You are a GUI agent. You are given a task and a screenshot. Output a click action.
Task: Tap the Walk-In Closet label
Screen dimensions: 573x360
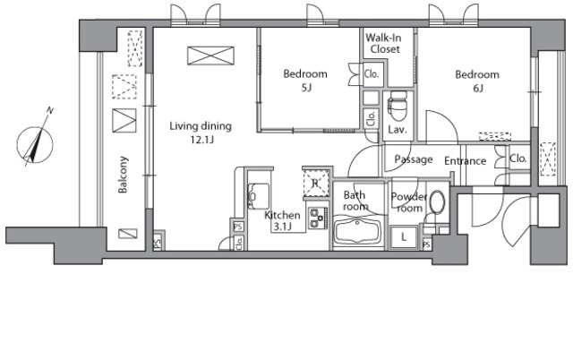tap(383, 43)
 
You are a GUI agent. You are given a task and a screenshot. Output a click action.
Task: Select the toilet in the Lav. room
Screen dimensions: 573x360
tap(398, 106)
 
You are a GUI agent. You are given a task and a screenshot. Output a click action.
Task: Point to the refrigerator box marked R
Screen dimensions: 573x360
tap(315, 183)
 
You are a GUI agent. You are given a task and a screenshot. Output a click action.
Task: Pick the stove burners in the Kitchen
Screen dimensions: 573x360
tap(318, 218)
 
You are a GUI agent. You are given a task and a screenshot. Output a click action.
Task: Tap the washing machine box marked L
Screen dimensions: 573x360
tap(404, 237)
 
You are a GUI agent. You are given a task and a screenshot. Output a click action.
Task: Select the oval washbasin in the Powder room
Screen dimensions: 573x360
tap(437, 202)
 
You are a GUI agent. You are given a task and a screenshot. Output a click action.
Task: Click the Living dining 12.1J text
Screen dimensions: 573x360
tap(201, 133)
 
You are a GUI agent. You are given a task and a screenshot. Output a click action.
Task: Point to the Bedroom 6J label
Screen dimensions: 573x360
tap(477, 81)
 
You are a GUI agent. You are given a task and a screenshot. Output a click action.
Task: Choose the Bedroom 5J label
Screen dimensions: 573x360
tap(305, 80)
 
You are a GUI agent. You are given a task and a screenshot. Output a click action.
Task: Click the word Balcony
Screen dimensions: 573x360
tap(123, 175)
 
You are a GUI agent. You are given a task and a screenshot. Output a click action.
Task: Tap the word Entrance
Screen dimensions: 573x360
tap(466, 161)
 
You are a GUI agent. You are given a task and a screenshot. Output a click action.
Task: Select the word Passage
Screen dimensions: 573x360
tap(414, 159)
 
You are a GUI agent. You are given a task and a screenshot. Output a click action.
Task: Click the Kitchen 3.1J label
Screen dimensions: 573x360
tap(282, 221)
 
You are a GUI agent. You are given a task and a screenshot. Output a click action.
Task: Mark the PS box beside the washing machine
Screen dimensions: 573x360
tap(426, 244)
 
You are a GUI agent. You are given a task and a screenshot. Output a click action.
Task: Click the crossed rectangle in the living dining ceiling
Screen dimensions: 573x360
tap(211, 56)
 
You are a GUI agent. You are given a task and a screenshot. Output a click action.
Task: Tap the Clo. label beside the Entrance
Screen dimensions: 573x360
tap(518, 159)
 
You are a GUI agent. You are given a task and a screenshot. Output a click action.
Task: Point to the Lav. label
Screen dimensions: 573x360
tap(398, 129)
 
